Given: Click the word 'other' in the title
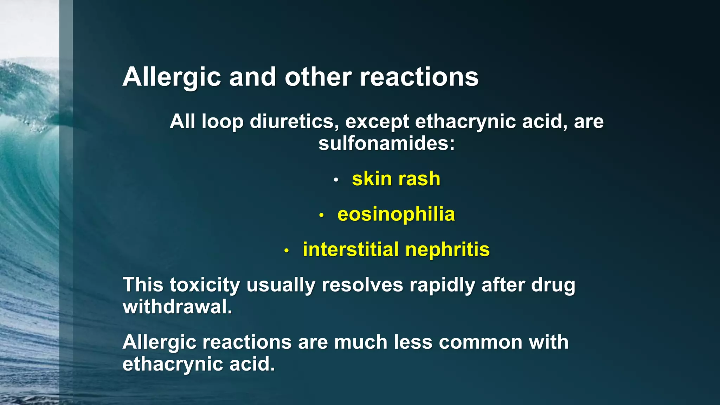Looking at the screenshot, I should [x=318, y=77].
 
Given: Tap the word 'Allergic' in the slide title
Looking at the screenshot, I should [x=172, y=77].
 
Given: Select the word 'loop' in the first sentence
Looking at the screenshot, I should [x=222, y=122].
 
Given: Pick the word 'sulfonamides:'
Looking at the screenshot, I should [x=386, y=143].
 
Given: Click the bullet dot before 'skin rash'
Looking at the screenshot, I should [x=336, y=180].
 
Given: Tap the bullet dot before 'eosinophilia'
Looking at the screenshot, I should [x=321, y=215].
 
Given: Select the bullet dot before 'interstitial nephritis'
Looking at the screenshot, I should [x=287, y=251].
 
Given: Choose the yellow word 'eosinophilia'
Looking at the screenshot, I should [x=396, y=214].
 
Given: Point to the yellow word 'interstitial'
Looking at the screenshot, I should [x=351, y=249].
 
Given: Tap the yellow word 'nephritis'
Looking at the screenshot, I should [x=448, y=249].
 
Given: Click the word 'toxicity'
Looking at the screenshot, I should [x=205, y=285].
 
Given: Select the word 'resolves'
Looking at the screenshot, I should [x=362, y=285].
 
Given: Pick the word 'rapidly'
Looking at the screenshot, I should [x=442, y=285].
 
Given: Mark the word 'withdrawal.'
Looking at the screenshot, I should [x=178, y=307].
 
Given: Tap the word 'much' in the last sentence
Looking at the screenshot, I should [x=361, y=342].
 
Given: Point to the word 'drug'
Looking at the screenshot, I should [x=553, y=285].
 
